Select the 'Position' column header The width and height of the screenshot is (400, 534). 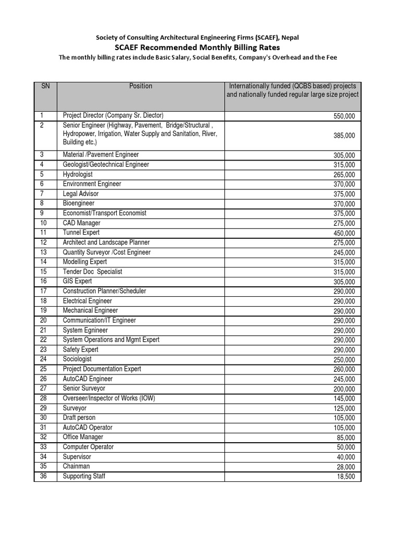point(141,86)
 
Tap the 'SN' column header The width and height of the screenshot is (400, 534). point(45,86)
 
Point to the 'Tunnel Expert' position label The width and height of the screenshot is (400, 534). point(81,233)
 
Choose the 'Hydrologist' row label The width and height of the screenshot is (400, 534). point(78,174)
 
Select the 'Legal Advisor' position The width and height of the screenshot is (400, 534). point(80,193)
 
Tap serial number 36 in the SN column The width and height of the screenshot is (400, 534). point(43,476)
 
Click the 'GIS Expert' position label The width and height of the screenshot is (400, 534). point(77,281)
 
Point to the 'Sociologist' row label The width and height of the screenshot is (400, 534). point(77,359)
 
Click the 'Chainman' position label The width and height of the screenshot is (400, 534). point(76,466)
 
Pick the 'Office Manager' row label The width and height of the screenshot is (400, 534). point(83,437)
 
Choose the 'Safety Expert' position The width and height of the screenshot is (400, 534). point(80,349)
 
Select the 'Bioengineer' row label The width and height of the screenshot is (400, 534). point(79,203)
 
